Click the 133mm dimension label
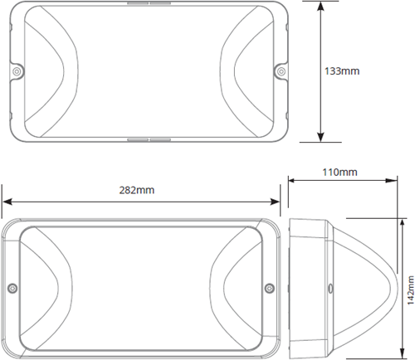343,71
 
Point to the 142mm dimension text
408,288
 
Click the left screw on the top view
17,72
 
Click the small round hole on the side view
329,289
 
